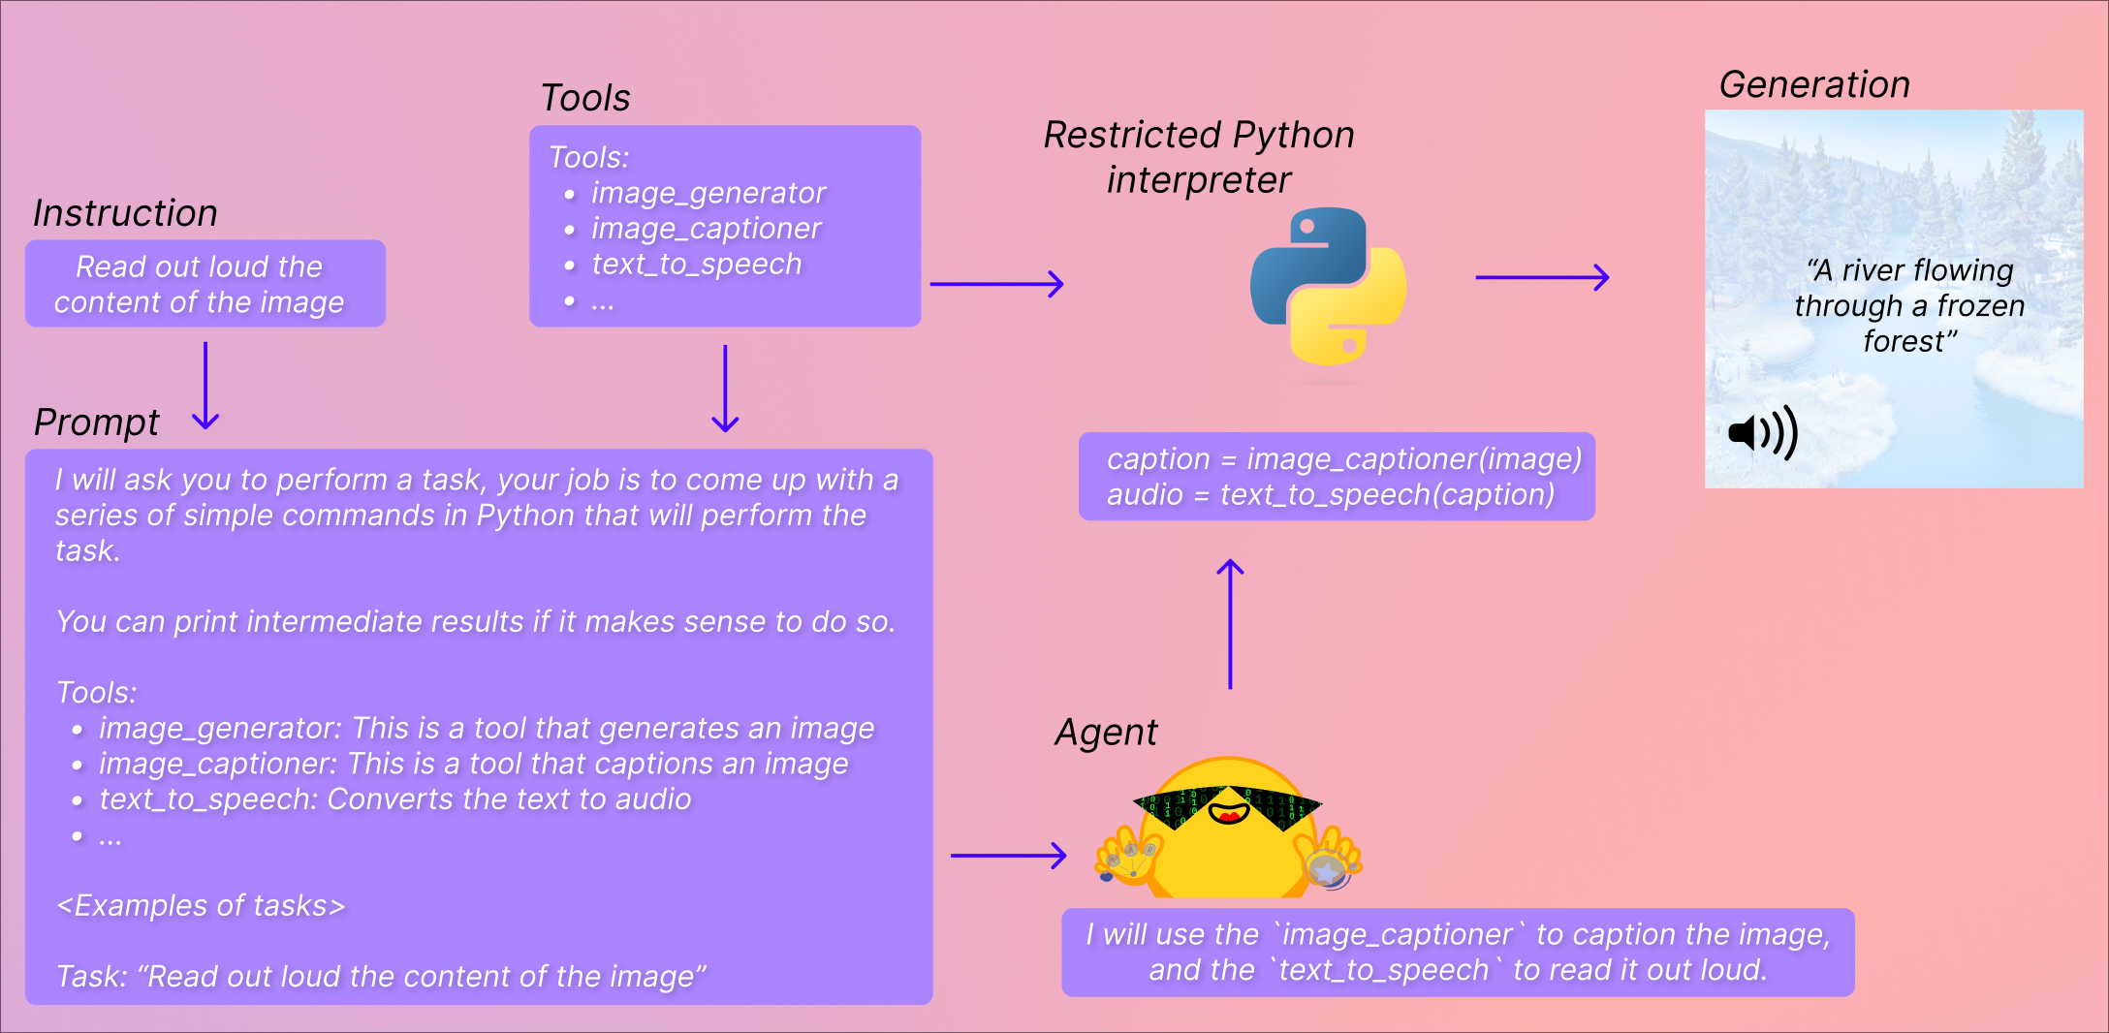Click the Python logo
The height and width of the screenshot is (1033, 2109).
click(1328, 286)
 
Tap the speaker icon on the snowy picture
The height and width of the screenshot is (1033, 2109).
click(1762, 432)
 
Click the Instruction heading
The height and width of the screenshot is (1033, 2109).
click(125, 213)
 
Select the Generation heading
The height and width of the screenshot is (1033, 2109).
click(1813, 85)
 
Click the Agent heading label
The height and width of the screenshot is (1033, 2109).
click(1106, 733)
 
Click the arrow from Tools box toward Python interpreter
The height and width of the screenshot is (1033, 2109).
click(996, 284)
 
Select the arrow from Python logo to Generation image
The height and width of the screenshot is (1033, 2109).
click(1541, 277)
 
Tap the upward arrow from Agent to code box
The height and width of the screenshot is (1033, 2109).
click(1230, 624)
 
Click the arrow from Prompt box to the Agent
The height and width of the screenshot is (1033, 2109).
click(1008, 856)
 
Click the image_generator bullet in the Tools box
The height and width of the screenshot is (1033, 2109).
click(708, 193)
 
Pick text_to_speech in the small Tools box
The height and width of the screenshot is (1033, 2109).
click(696, 265)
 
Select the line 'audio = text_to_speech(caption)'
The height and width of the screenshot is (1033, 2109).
click(1330, 495)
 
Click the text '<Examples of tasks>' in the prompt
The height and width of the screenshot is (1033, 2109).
click(201, 906)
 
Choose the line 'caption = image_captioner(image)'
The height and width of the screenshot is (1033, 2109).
click(1343, 459)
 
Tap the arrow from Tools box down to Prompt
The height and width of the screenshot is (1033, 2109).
click(725, 388)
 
